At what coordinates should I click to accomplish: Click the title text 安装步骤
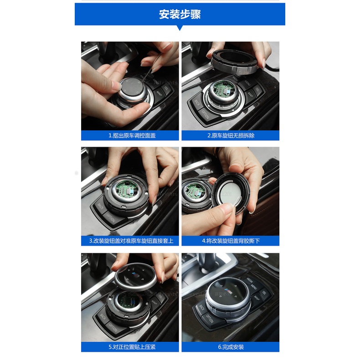pyautogui.click(x=180, y=14)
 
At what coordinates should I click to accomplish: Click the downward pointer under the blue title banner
pyautogui.click(x=180, y=28)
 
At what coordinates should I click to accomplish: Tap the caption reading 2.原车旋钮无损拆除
pyautogui.click(x=231, y=136)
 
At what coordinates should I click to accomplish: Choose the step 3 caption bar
pyautogui.click(x=130, y=241)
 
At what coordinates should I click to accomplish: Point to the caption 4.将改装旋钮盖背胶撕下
pyautogui.click(x=231, y=241)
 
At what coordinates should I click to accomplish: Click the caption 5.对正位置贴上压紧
pyautogui.click(x=130, y=347)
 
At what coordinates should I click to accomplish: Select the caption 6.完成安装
pyautogui.click(x=231, y=347)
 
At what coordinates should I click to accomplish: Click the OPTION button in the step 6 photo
pyautogui.click(x=210, y=318)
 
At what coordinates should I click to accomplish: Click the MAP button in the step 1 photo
pyautogui.click(x=159, y=93)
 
